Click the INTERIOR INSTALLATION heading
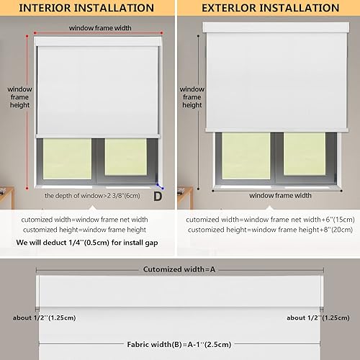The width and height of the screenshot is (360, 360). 86,8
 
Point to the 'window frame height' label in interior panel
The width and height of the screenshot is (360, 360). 19,98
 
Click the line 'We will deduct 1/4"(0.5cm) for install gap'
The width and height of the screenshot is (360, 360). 87,243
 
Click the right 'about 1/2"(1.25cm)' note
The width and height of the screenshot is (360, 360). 320,318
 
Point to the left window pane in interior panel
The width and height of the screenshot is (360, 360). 68,158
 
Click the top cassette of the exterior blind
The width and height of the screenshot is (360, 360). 275,27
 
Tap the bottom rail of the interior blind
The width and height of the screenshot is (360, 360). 96,135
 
